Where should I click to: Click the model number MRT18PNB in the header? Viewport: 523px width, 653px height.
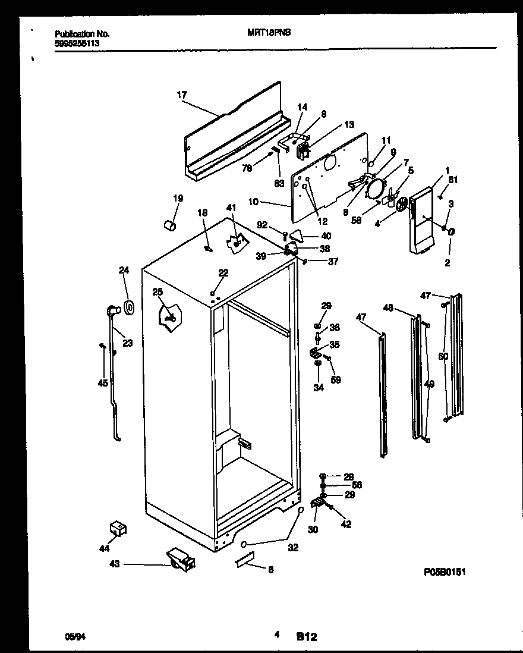pyautogui.click(x=269, y=34)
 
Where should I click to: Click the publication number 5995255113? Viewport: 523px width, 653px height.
pyautogui.click(x=77, y=43)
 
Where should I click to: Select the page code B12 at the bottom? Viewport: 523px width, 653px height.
pyautogui.click(x=306, y=636)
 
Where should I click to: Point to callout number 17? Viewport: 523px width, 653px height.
pyautogui.click(x=182, y=94)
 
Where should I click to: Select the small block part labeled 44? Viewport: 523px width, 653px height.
pyautogui.click(x=119, y=528)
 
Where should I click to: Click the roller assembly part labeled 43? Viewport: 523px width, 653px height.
pyautogui.click(x=180, y=560)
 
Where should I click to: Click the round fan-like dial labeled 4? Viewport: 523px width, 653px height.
pyautogui.click(x=402, y=206)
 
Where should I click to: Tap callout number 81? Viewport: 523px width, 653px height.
pyautogui.click(x=453, y=180)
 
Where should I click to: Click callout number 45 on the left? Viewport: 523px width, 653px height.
pyautogui.click(x=103, y=383)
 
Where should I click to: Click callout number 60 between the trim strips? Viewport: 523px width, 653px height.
pyautogui.click(x=442, y=357)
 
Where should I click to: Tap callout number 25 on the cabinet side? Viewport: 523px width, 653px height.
pyautogui.click(x=157, y=292)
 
